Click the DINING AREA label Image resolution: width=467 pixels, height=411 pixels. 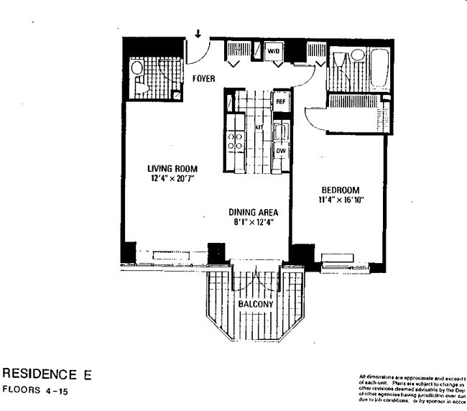[x=254, y=213]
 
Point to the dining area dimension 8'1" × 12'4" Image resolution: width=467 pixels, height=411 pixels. [x=254, y=223]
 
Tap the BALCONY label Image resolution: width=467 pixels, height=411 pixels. [x=256, y=305]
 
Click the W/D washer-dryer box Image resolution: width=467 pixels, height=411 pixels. [x=273, y=52]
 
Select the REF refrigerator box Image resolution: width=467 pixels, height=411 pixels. [x=281, y=102]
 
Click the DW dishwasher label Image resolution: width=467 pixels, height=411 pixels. [x=281, y=152]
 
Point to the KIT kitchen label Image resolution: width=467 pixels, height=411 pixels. [x=260, y=127]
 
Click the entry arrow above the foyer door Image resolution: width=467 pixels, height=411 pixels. [x=198, y=33]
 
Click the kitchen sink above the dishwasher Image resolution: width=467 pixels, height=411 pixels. [x=281, y=132]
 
